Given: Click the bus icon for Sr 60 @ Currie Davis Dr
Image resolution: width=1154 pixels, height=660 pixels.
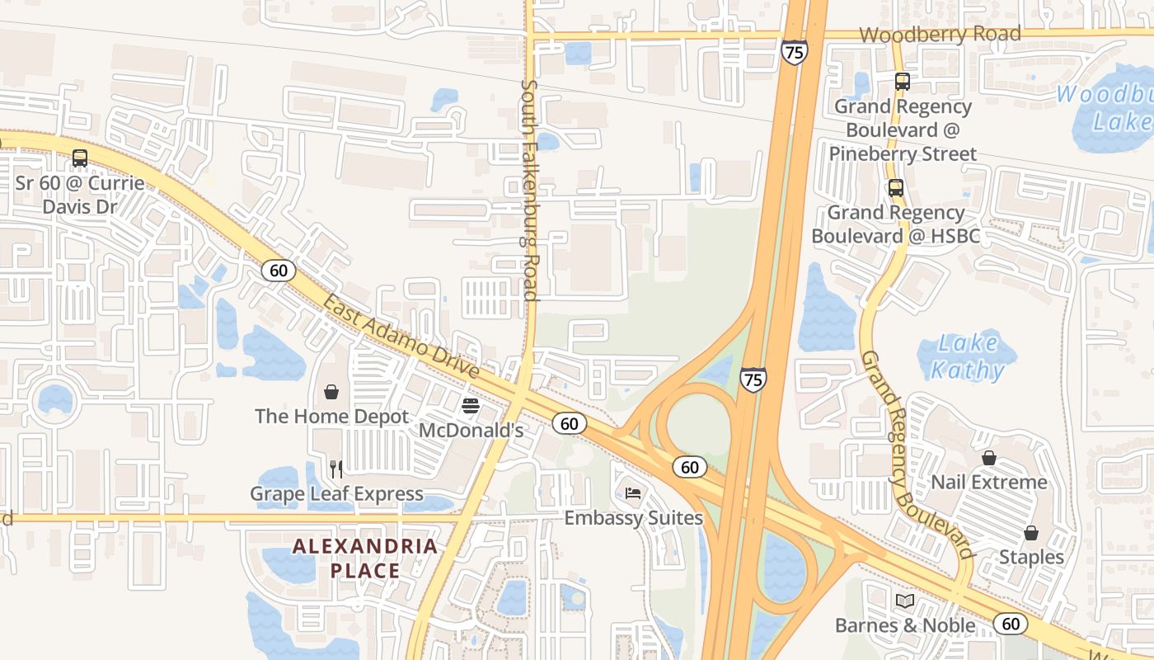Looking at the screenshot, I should coord(80,158).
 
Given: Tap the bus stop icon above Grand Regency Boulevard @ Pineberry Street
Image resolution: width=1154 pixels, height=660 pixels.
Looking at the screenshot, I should coord(903,82).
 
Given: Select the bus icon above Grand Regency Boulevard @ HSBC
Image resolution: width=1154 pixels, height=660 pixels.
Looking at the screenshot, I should coord(896,188).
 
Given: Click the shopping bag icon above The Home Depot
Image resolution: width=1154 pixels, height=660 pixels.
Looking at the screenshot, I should coord(331,391).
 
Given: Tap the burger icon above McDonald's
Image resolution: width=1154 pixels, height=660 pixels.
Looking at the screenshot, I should coord(471,405).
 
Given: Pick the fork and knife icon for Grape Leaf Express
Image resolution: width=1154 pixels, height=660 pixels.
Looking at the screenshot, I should coord(336,469).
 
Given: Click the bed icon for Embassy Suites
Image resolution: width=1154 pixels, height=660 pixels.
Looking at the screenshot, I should coord(633,493).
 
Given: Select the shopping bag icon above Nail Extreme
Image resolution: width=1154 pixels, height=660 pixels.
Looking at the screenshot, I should coord(989,457).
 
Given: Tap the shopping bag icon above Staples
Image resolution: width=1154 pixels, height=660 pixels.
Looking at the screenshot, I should coord(1031,533).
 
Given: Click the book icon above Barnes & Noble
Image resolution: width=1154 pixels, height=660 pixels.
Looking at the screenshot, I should coord(905,601).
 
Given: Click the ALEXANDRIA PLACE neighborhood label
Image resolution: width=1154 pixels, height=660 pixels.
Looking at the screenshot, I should coord(365,558).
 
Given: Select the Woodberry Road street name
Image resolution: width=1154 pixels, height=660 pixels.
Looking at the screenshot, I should coord(940,34).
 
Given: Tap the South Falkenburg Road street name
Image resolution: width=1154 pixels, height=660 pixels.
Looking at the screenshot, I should coord(529,190).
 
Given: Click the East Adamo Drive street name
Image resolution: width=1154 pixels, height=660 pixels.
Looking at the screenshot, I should coord(401,338).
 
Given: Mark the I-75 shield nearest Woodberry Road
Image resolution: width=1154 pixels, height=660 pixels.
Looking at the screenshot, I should coord(795,53).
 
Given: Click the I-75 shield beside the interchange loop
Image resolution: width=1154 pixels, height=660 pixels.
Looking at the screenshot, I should coord(753,379).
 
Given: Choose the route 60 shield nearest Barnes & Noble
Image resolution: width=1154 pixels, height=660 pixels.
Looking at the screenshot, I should coord(1010,624).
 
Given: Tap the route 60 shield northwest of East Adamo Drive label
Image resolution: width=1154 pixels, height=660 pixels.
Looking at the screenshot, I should coord(279,270).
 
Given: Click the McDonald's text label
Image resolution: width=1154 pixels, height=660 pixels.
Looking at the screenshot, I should coord(471,430).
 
